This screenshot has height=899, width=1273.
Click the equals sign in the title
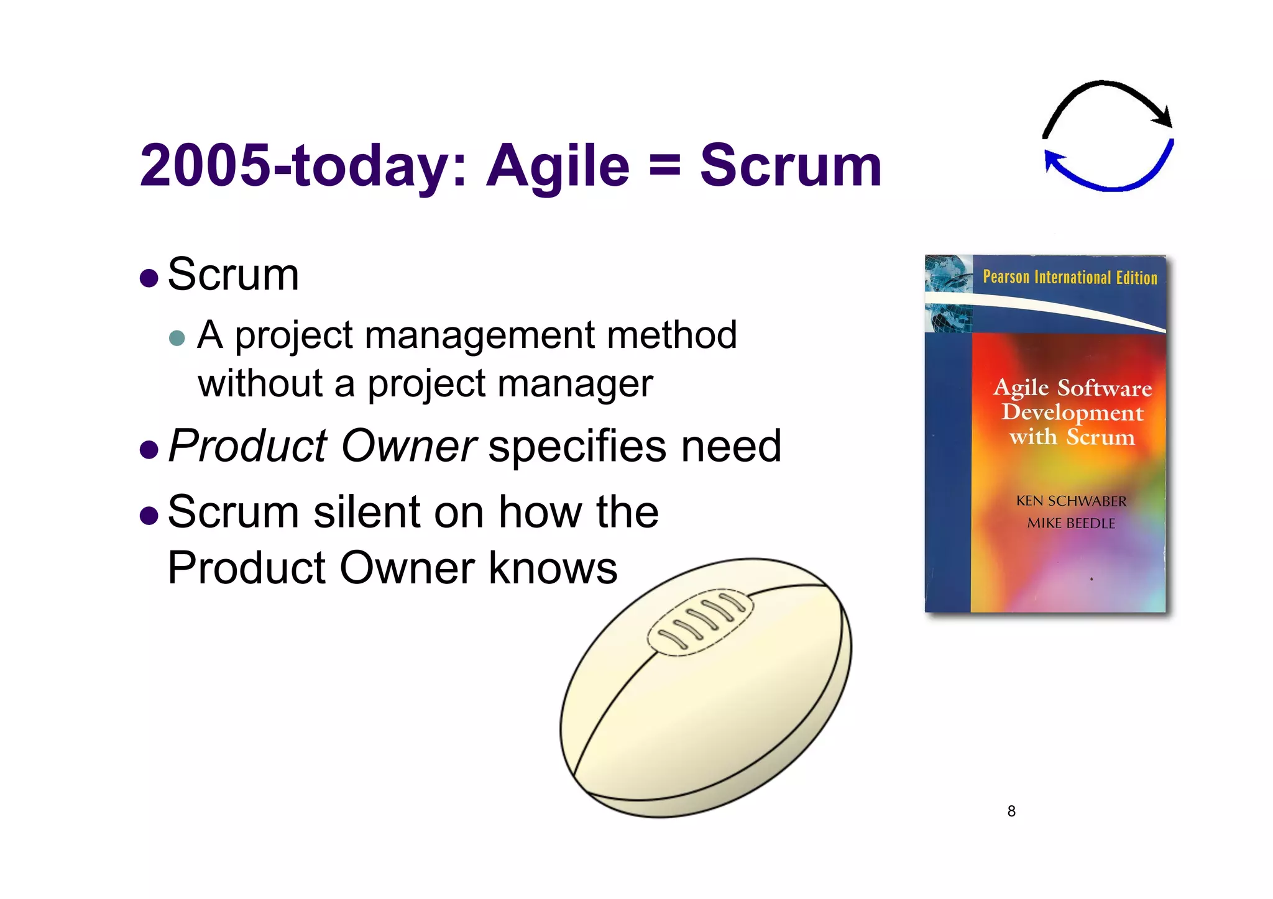point(664,167)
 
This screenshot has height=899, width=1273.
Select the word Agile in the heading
point(558,167)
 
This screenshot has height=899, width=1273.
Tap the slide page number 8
point(1011,811)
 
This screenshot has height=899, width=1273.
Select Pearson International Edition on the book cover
point(1070,277)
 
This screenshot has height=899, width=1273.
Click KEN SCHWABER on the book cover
point(1071,501)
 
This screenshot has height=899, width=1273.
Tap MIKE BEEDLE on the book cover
point(1071,523)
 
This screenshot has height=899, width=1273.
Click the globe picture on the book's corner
point(948,292)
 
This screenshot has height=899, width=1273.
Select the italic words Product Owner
point(322,446)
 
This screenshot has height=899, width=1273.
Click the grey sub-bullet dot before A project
point(177,338)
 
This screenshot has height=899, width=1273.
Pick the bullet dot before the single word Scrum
point(149,277)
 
